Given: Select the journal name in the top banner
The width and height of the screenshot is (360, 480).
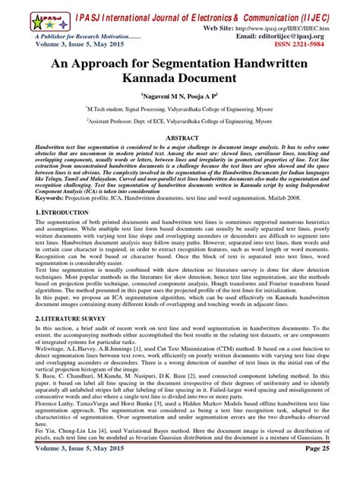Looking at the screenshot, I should click(x=212, y=13).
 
